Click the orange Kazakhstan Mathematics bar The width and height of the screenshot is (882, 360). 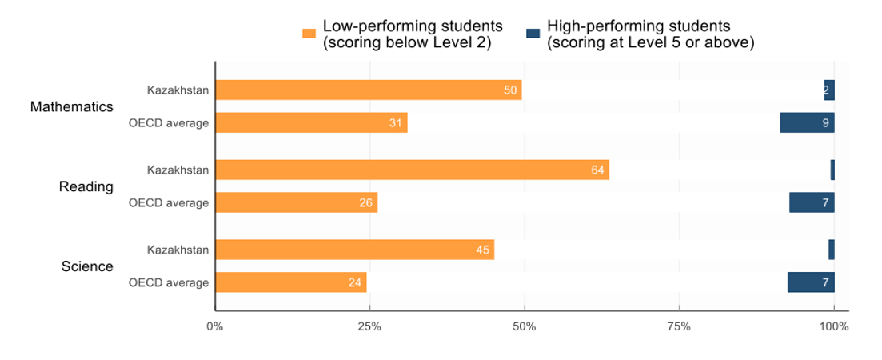(x=368, y=90)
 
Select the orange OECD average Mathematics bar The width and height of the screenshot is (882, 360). (x=311, y=122)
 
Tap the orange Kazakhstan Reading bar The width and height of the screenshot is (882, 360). (x=412, y=170)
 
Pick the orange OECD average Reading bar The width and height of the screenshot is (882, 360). (x=296, y=202)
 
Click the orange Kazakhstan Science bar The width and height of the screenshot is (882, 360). (x=354, y=250)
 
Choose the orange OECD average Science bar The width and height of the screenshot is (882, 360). (x=290, y=282)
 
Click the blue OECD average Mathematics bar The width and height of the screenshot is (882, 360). (x=807, y=122)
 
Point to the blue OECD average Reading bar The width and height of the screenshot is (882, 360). (x=812, y=202)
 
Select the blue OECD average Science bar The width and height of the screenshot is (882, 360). (x=811, y=282)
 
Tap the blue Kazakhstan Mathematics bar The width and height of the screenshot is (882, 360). (x=829, y=90)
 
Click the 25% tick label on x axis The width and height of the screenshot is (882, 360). (x=369, y=326)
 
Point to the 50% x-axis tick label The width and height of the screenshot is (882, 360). (x=524, y=326)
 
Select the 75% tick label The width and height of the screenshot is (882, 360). (x=679, y=326)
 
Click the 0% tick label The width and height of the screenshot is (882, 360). (x=214, y=326)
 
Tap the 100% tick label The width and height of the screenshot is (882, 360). (x=834, y=326)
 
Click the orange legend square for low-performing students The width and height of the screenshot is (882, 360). (x=309, y=34)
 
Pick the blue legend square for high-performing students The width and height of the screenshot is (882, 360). (x=533, y=34)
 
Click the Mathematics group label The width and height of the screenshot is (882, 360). (x=71, y=106)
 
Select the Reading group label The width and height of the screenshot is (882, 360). (x=86, y=186)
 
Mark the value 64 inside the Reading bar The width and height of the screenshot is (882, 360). (x=598, y=170)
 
